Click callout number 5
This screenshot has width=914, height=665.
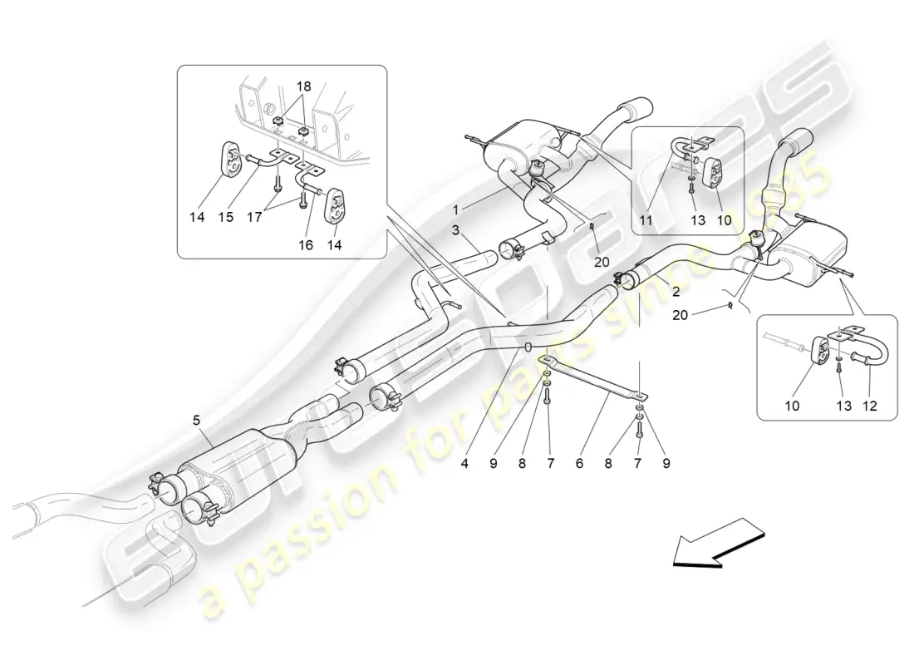[197, 421]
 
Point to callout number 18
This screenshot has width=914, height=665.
[303, 86]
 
